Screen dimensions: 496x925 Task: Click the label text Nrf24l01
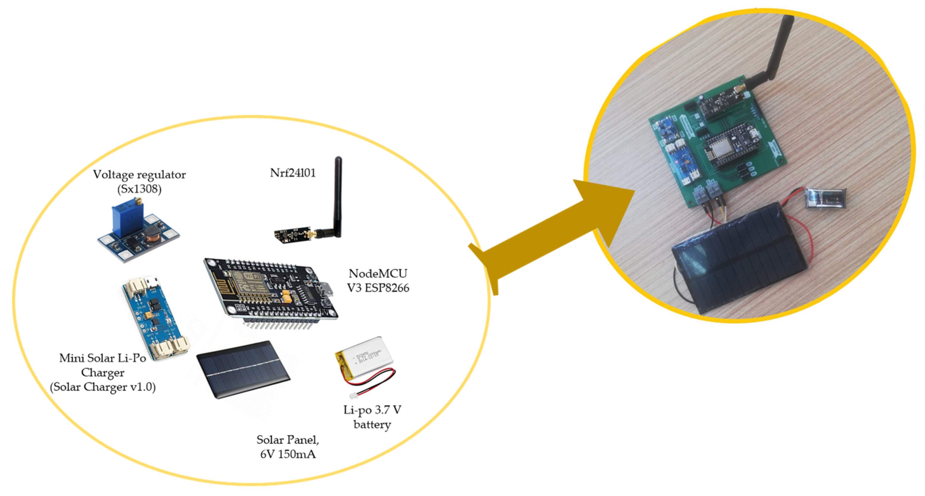point(292,173)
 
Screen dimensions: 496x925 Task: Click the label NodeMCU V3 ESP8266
point(378,280)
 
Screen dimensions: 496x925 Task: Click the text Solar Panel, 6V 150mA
point(288,447)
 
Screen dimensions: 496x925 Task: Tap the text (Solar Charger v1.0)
point(103,387)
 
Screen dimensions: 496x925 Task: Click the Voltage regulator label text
point(139,175)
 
